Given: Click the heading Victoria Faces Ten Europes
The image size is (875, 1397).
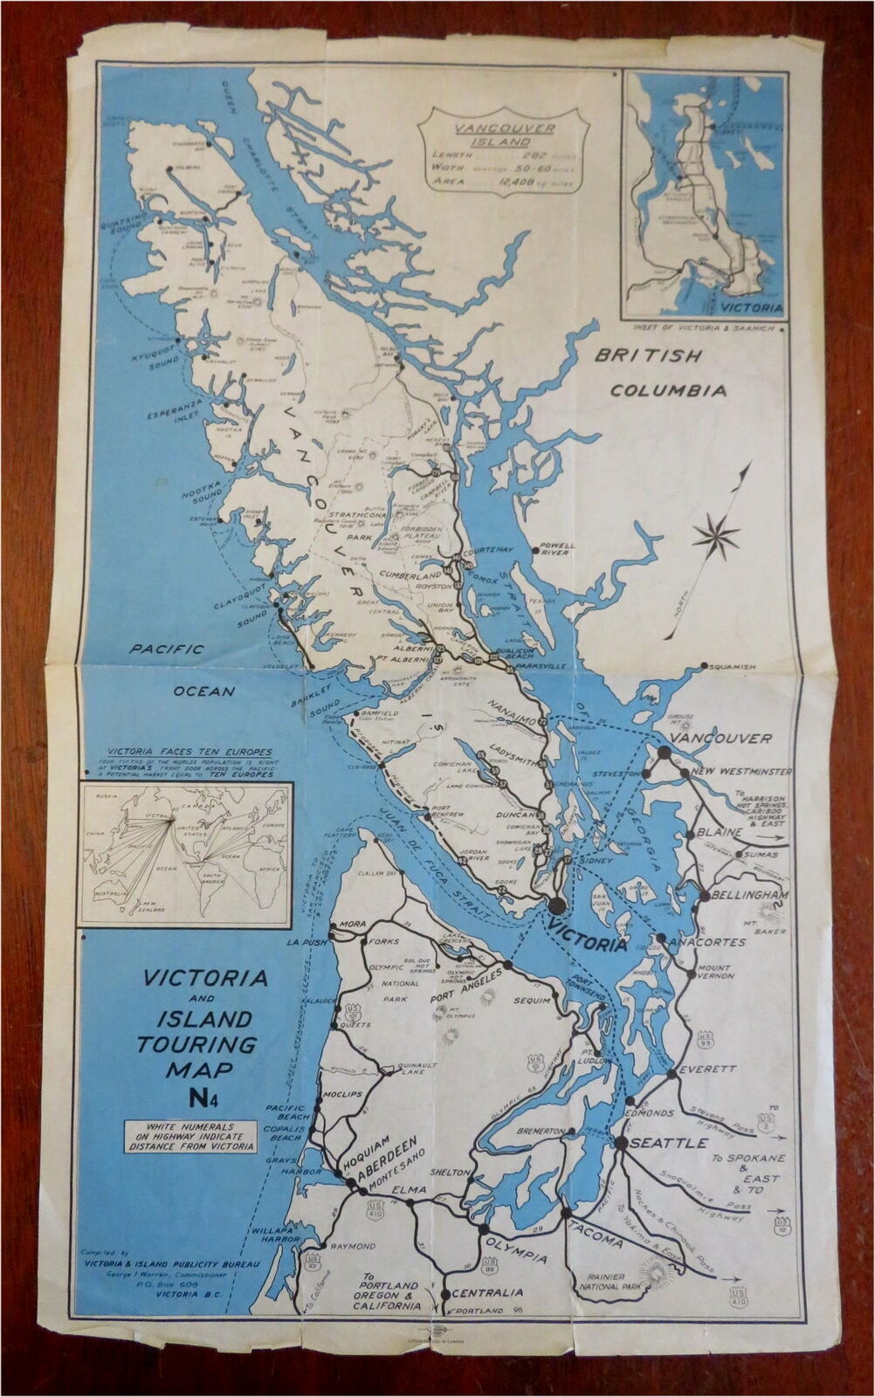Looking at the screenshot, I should point(188,752).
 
